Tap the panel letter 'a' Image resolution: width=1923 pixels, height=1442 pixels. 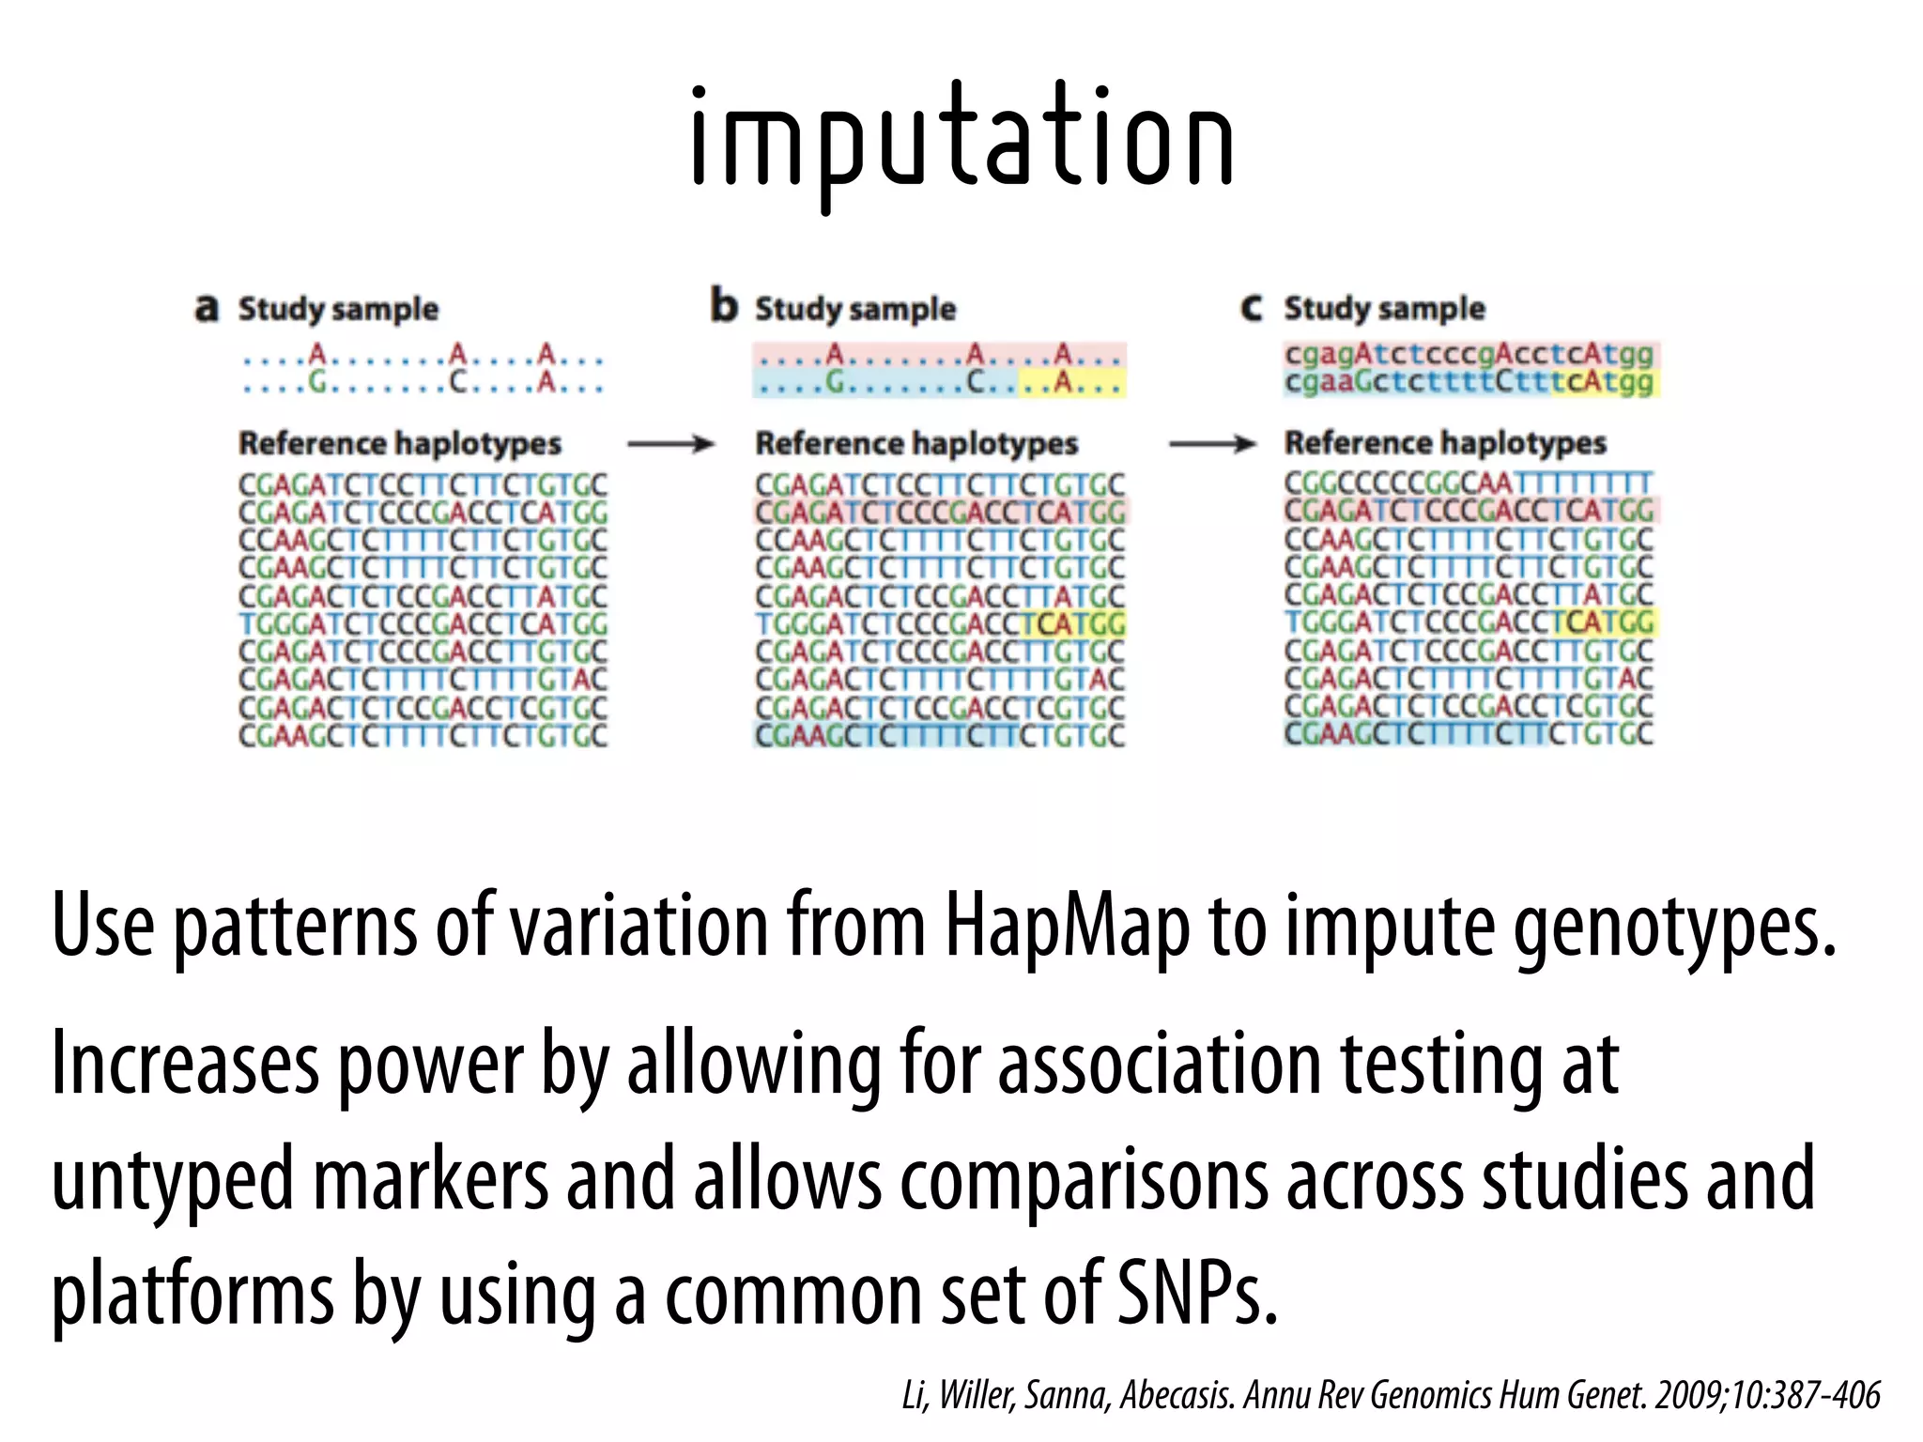(207, 308)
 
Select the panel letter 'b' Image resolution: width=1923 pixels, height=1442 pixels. (724, 306)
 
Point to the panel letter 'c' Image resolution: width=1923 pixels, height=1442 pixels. (1252, 308)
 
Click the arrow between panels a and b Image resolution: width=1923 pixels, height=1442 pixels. (670, 444)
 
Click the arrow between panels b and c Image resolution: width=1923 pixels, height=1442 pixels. (1211, 444)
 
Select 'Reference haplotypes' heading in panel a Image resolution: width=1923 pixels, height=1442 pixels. (399, 443)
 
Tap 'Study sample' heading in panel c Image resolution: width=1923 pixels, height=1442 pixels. (1384, 308)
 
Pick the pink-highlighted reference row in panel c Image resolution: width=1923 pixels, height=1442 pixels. (1469, 511)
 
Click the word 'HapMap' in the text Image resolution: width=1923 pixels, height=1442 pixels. (1067, 928)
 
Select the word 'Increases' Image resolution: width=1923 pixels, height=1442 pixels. (185, 1066)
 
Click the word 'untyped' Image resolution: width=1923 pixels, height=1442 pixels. (173, 1181)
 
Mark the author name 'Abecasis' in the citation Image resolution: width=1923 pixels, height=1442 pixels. (1177, 1396)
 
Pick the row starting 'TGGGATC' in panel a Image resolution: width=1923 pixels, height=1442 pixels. (423, 623)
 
